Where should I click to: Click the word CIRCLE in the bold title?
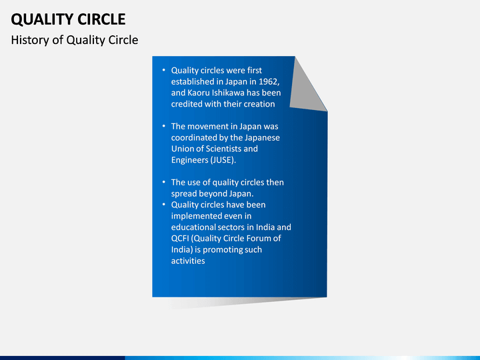click(101, 19)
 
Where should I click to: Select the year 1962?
click(269, 82)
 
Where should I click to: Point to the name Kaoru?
click(198, 93)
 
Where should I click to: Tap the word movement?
click(211, 127)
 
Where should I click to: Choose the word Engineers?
click(189, 160)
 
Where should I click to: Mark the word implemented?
click(196, 216)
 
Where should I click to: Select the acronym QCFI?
click(180, 239)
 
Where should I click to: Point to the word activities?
click(188, 261)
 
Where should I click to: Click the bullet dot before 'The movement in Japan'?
click(164, 126)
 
